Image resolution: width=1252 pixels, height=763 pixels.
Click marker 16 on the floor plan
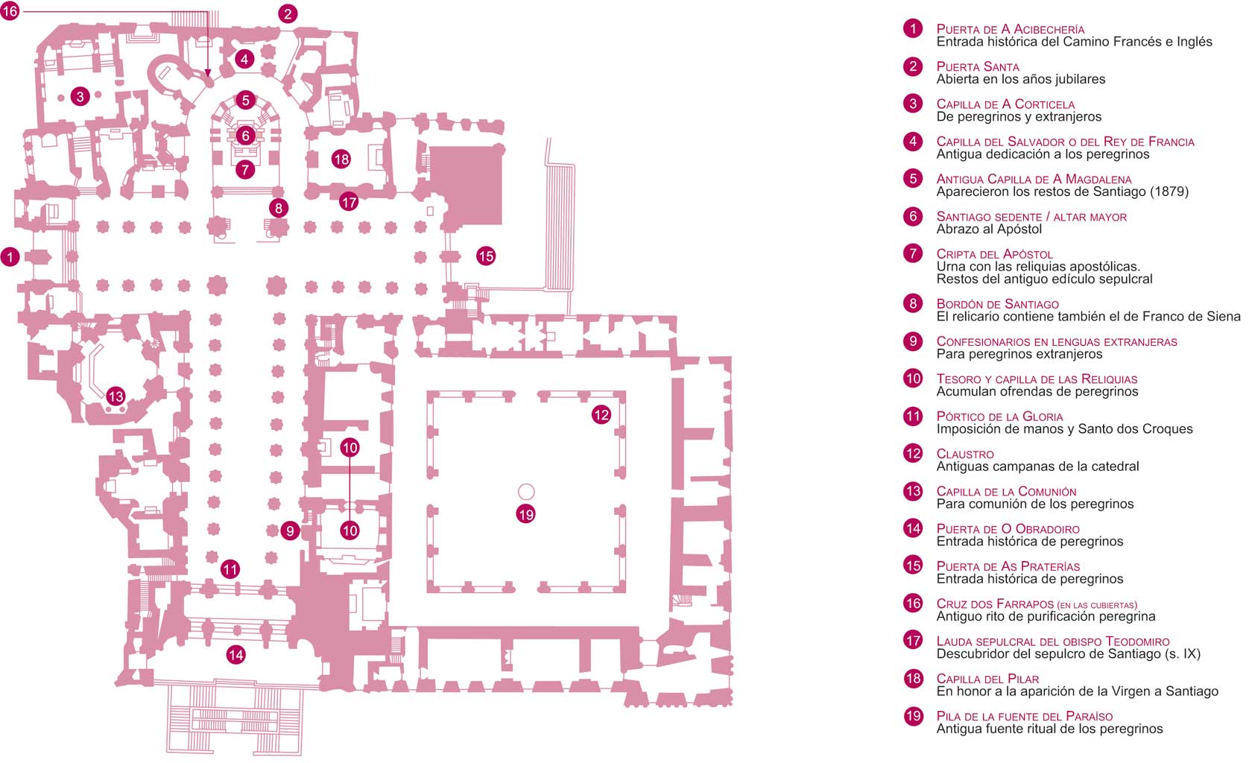tap(10, 11)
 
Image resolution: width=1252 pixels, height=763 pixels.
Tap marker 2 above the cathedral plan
tap(288, 13)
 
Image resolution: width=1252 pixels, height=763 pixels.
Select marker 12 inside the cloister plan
tap(601, 414)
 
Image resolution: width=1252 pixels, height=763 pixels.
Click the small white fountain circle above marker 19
tap(526, 491)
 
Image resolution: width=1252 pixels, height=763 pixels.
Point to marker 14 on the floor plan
tap(235, 655)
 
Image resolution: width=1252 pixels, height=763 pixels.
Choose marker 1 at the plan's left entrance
tap(10, 257)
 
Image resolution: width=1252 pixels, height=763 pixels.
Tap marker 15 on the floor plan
tap(486, 256)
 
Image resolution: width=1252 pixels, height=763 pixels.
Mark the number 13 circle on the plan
tap(116, 396)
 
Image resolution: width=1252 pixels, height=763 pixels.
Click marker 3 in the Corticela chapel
tap(80, 95)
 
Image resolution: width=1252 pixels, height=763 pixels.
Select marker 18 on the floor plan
tap(341, 159)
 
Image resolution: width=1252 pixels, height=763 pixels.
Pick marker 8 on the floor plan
tap(279, 208)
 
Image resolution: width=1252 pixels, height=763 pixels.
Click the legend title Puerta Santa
tap(977, 66)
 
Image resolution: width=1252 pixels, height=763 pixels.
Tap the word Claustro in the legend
tap(964, 454)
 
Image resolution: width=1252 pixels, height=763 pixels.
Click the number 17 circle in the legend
tap(913, 640)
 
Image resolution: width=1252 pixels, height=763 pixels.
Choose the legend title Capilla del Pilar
tap(987, 679)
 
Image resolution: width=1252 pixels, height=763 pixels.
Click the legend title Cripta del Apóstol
tap(994, 254)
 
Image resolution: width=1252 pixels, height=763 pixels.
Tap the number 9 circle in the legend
tap(913, 341)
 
